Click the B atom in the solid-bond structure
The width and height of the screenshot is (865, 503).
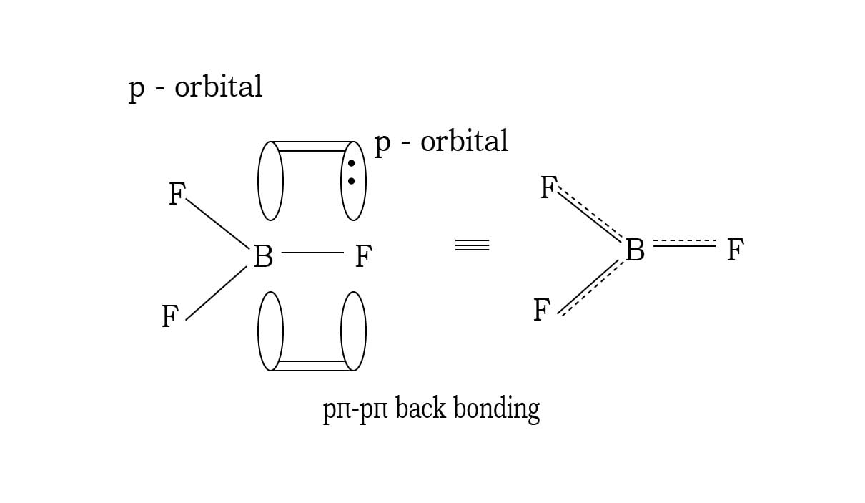tap(263, 256)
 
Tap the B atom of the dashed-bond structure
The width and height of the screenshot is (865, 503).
tap(635, 251)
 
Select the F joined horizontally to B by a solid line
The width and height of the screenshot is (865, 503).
tap(363, 256)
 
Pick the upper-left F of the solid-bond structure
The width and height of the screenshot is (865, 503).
tap(177, 195)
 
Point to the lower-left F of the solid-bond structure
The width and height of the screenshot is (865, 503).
tap(169, 316)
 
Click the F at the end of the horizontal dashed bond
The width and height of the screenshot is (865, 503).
tap(735, 250)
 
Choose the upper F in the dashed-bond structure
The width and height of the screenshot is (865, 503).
tap(548, 188)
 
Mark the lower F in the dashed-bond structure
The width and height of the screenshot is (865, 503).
tap(542, 311)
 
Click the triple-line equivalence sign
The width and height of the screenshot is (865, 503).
tap(472, 245)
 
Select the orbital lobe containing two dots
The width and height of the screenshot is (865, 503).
tap(353, 181)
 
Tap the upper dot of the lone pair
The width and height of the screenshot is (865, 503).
tap(351, 164)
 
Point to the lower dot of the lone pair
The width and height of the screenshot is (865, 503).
tap(351, 181)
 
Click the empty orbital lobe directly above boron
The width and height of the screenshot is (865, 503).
tap(270, 181)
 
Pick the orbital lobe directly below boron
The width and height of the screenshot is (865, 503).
tap(270, 331)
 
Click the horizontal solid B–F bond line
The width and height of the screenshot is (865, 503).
tap(312, 253)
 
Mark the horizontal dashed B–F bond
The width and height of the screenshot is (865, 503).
tap(684, 243)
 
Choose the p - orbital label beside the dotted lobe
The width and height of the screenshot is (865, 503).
tap(441, 142)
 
